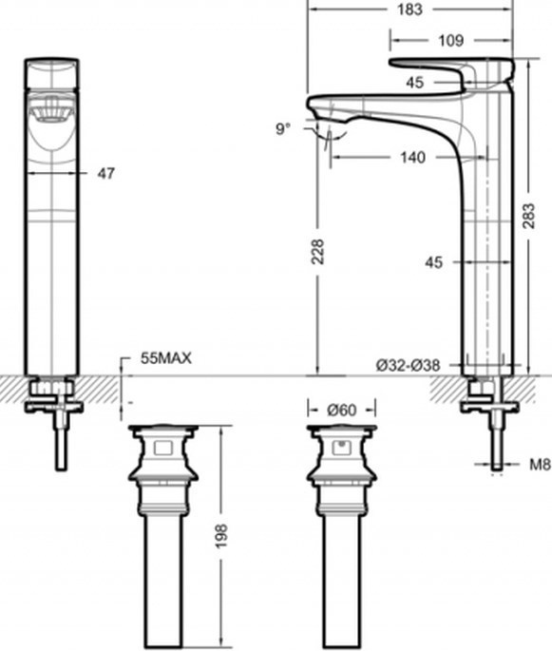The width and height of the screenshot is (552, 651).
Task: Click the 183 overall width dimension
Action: (x=410, y=10)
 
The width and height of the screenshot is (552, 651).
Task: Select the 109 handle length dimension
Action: (x=450, y=40)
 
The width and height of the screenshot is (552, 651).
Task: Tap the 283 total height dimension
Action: (x=529, y=216)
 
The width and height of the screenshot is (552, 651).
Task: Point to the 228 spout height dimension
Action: (x=317, y=252)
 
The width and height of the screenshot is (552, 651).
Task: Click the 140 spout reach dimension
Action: (x=412, y=158)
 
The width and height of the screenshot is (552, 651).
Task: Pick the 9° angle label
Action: (x=283, y=128)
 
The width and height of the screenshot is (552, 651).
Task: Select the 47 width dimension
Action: (x=105, y=173)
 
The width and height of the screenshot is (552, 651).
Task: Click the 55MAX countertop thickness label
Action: (x=166, y=358)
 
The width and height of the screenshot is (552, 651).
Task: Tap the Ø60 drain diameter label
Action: (x=341, y=411)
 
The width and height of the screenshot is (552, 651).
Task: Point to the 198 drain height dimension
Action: (x=221, y=536)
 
